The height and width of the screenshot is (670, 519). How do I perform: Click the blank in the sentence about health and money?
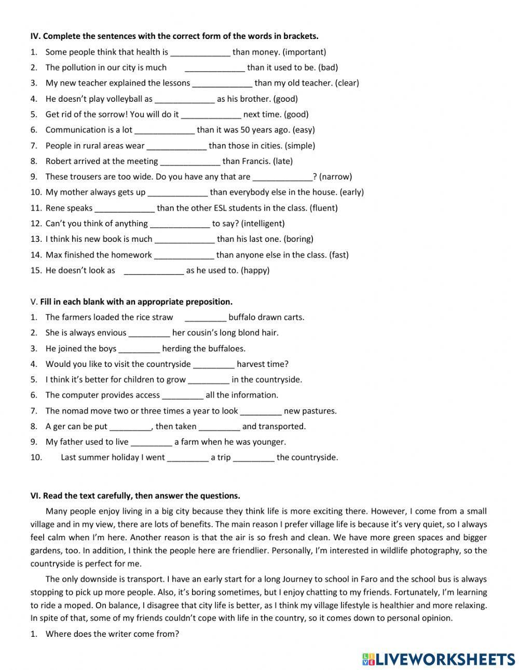click(200, 52)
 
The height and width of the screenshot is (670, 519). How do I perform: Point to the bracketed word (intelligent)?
click(263, 224)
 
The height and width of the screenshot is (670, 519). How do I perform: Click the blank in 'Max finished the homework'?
click(184, 255)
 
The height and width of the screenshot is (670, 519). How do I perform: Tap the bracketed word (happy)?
click(255, 270)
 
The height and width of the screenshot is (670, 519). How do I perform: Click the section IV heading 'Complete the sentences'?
click(174, 36)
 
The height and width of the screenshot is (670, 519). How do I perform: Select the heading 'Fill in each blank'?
click(136, 302)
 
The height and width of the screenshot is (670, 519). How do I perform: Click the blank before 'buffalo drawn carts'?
click(205, 318)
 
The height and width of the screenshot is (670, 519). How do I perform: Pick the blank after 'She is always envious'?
click(149, 333)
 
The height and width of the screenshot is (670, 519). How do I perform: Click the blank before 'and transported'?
click(219, 427)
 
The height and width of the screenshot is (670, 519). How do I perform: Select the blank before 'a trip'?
click(188, 458)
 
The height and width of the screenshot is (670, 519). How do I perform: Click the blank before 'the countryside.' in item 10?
click(253, 458)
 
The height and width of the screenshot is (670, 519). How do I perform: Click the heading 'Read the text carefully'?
click(135, 496)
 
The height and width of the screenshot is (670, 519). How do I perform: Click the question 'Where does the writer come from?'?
click(112, 634)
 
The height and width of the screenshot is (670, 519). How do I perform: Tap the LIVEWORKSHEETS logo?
click(438, 659)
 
